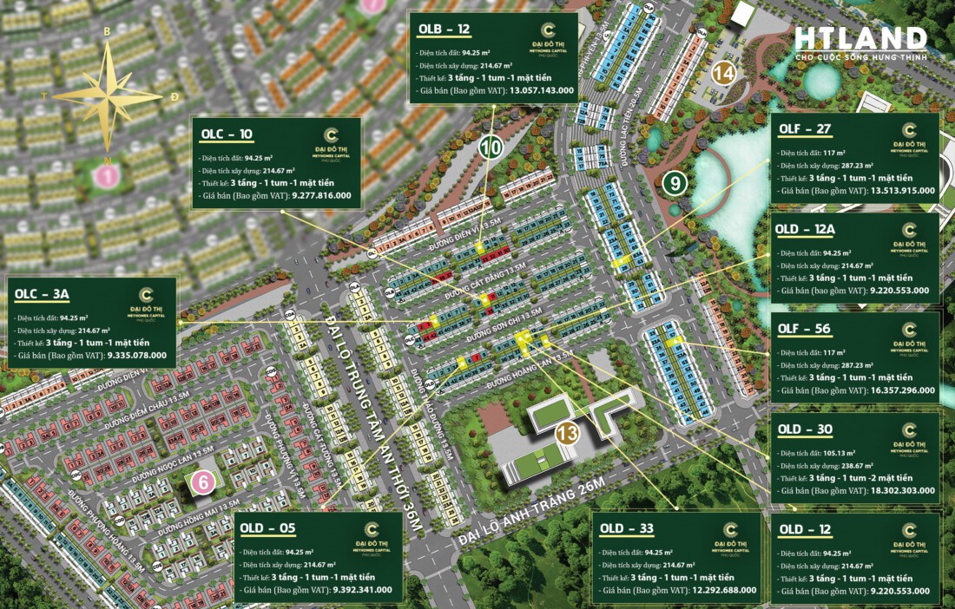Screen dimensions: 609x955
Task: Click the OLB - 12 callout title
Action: click(445, 29)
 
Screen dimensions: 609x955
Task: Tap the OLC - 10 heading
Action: click(227, 134)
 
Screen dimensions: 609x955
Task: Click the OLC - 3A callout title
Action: click(41, 294)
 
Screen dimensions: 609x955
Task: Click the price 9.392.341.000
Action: click(359, 590)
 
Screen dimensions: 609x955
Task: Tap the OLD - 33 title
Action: click(626, 528)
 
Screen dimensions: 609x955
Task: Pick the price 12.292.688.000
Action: click(717, 590)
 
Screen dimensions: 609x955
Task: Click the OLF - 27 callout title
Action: click(805, 129)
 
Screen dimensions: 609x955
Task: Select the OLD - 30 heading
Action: click(805, 429)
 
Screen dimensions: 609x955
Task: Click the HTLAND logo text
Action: click(861, 39)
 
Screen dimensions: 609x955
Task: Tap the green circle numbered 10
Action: click(491, 147)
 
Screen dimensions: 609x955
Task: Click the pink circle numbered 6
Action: click(202, 483)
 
